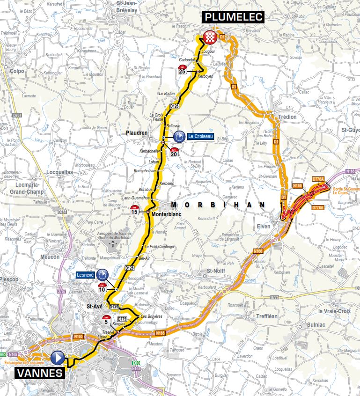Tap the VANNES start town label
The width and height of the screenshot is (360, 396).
[40, 373]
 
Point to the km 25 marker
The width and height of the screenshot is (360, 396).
[182, 70]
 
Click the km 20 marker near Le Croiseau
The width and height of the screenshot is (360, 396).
[174, 152]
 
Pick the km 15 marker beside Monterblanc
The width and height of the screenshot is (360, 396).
[135, 210]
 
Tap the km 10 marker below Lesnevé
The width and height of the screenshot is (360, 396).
[102, 287]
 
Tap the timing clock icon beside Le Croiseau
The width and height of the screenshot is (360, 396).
[179, 137]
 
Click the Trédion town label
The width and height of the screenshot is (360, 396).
[287, 117]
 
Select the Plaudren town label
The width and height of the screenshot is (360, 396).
[137, 133]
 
